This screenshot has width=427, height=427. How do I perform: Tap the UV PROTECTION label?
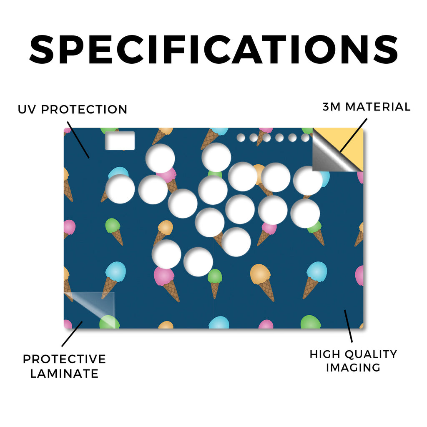73,110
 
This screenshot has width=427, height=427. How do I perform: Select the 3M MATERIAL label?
367,107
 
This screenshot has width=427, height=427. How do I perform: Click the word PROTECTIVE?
64,359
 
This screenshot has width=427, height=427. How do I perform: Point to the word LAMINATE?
64,373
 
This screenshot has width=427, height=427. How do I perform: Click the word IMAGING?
353,368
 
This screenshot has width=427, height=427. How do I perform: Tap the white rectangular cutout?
120,141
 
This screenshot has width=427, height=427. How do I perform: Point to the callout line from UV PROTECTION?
78,140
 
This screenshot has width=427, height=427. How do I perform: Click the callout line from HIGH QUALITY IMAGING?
348,326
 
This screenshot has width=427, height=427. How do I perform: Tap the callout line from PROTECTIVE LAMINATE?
72,334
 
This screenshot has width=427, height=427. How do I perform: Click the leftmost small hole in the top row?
241,138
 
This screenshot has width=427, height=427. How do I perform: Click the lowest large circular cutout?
198,262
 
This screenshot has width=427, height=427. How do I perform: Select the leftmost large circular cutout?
120,189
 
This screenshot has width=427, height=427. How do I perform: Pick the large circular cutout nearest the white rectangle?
160,158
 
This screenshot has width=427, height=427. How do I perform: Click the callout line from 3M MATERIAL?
354,136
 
